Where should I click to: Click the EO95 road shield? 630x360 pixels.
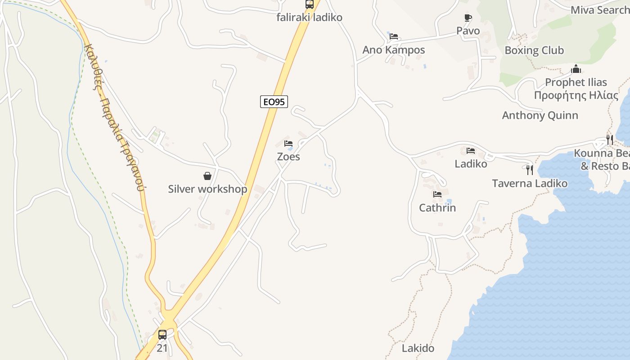click(x=274, y=102)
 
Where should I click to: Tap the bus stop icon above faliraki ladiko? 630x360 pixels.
click(x=310, y=4)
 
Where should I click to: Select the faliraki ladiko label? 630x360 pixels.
click(x=309, y=18)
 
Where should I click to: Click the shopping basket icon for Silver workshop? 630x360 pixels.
click(x=207, y=176)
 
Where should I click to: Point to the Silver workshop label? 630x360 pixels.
click(x=207, y=189)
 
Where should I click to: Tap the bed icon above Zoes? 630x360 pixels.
click(x=288, y=144)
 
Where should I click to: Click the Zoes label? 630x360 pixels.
click(x=288, y=157)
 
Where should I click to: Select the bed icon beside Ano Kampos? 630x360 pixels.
click(x=394, y=36)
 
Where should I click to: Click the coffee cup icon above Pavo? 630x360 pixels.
click(x=468, y=18)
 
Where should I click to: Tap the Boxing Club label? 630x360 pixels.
click(x=534, y=50)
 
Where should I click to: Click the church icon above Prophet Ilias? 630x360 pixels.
click(x=576, y=69)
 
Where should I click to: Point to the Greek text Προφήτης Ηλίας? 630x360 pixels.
click(x=576, y=95)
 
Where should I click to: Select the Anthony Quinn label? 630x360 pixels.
click(x=540, y=115)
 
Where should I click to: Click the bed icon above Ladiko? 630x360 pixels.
click(x=471, y=151)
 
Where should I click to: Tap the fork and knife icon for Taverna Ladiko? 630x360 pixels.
click(x=530, y=170)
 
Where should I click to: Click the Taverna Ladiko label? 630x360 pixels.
click(x=530, y=184)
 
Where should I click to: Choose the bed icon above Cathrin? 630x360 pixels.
click(x=437, y=194)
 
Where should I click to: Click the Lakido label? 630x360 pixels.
click(x=418, y=348)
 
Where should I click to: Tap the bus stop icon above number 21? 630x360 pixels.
click(x=162, y=335)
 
